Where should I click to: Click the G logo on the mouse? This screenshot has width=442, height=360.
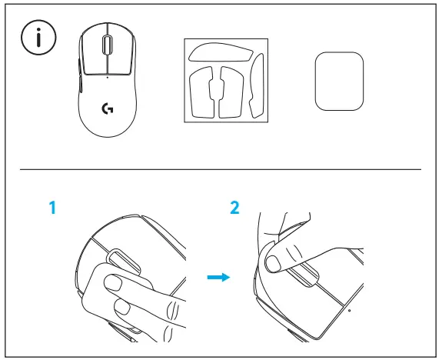click(x=107, y=109)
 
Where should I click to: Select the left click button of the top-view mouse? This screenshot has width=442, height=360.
click(x=92, y=50)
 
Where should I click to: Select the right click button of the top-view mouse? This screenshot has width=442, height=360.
click(x=121, y=50)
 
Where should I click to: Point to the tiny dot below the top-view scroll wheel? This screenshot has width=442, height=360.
click(x=107, y=76)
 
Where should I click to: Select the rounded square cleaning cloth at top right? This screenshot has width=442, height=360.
click(x=337, y=81)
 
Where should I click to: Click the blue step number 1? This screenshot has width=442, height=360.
click(x=52, y=208)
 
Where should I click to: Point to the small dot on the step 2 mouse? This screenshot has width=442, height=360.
click(x=349, y=311)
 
